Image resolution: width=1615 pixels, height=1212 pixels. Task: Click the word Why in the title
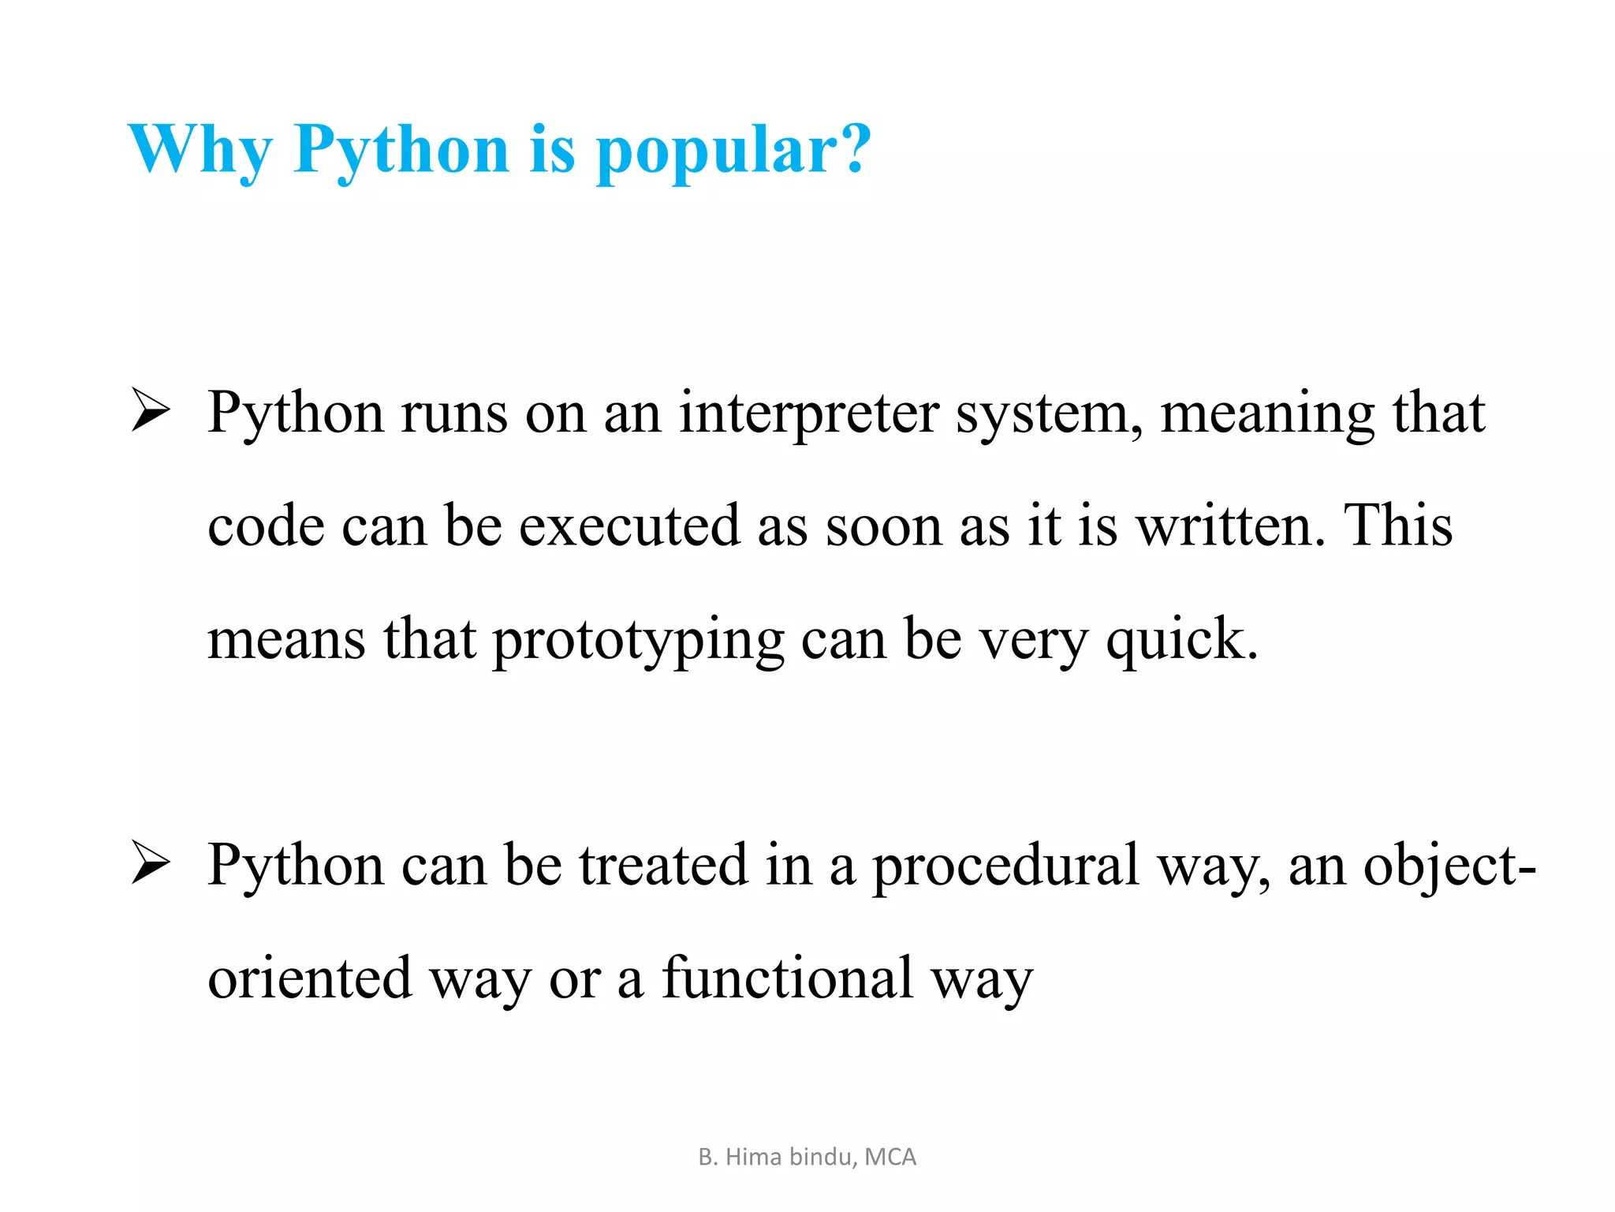[x=200, y=150]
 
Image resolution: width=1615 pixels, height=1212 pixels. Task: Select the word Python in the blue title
[x=401, y=150]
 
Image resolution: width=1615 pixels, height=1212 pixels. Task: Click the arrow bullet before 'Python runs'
[x=150, y=411]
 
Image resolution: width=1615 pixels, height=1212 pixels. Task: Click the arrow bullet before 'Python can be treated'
[x=150, y=862]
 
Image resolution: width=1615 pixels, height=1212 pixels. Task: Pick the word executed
[x=629, y=526]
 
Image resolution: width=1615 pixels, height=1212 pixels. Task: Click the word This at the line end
[x=1398, y=526]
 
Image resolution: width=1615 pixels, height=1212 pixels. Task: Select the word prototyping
[x=638, y=639]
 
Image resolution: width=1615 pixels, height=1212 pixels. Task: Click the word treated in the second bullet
[x=663, y=865]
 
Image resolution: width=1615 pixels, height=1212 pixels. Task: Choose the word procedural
[x=1006, y=865]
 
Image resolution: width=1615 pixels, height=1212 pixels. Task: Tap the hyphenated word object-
[x=1449, y=865]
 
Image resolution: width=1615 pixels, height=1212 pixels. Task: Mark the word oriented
[x=310, y=978]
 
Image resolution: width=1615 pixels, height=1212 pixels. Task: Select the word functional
[x=787, y=978]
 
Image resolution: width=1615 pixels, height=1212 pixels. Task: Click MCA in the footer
[x=890, y=1157]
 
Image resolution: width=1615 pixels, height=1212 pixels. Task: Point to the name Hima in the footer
[x=753, y=1157]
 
